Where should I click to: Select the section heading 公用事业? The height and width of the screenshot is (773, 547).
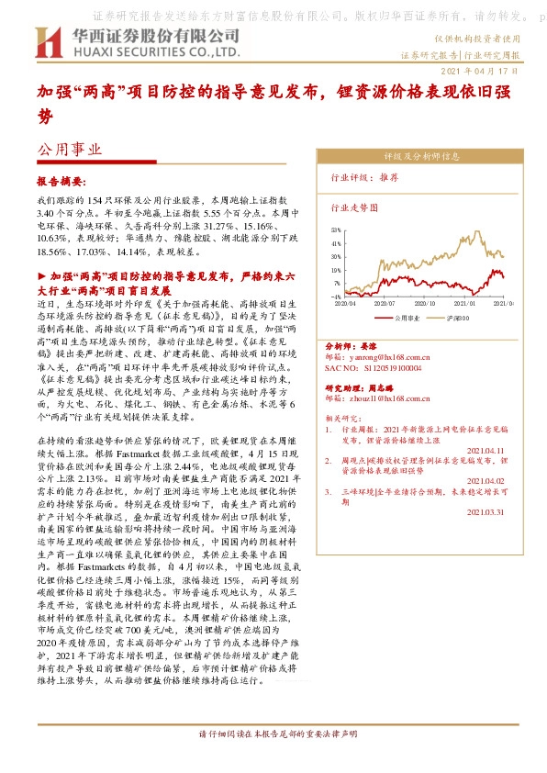69,149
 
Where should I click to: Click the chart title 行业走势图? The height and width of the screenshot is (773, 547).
353,208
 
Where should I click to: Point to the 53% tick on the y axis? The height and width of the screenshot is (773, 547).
336,231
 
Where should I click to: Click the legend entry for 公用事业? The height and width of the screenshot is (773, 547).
407,318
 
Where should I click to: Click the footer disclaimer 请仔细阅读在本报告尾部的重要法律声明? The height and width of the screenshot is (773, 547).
273,761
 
